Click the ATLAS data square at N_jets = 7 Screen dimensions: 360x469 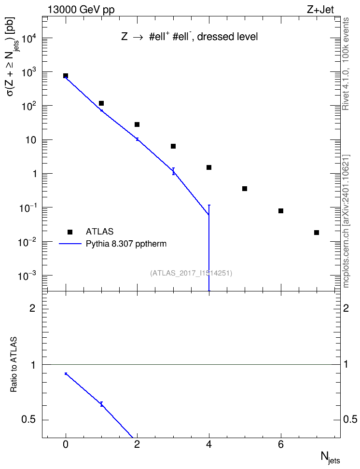(317, 233)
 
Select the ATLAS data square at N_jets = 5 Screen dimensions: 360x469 (245, 189)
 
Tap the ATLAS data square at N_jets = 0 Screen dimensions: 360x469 (66, 76)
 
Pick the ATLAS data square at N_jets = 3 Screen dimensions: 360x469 (173, 146)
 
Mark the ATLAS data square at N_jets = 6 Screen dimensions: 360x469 (281, 211)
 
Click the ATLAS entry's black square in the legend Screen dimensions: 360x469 (70, 232)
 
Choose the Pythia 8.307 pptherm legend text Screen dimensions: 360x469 (126, 244)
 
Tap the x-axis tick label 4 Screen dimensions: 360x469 (209, 445)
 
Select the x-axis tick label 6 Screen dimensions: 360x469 (281, 445)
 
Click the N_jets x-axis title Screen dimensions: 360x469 (331, 457)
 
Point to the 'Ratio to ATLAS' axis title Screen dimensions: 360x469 (14, 364)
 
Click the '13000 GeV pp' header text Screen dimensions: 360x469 (81, 10)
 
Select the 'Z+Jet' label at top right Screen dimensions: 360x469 (320, 10)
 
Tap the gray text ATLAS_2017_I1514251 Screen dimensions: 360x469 (191, 273)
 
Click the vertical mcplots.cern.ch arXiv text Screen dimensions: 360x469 (346, 221)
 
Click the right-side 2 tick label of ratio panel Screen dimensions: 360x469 (346, 308)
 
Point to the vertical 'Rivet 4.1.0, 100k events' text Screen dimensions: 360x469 (346, 64)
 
